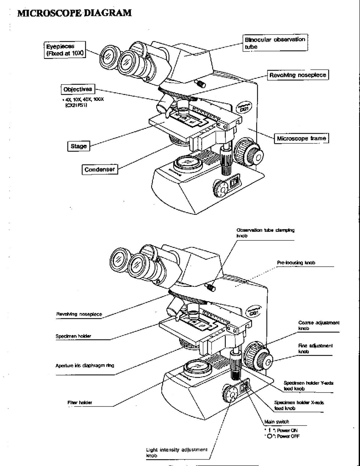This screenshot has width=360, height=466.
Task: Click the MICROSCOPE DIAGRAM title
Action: point(74,13)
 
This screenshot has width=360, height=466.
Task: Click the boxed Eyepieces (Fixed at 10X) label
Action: point(65,50)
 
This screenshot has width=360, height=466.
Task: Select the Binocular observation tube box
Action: point(275,43)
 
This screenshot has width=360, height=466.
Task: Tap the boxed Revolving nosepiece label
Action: point(298,75)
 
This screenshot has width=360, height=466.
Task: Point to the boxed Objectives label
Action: point(78,89)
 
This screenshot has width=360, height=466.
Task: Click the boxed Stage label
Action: point(79,146)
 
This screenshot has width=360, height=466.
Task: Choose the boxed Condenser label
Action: point(100,170)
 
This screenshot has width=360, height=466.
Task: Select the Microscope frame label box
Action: point(301,138)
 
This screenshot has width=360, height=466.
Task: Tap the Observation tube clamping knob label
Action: point(265,233)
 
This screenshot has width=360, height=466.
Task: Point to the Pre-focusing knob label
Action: point(296,263)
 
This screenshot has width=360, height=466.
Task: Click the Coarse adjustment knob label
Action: point(318,326)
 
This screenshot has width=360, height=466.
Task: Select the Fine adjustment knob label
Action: point(315,348)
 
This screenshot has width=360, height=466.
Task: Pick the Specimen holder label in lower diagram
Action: point(73,336)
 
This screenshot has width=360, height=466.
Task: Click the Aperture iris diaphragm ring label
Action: point(85,365)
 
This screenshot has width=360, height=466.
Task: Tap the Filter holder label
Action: point(79,402)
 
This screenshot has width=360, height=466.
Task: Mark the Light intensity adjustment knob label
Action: point(176,452)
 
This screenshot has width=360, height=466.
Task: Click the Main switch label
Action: point(277,422)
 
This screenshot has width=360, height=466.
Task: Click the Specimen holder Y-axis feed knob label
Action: point(308,386)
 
